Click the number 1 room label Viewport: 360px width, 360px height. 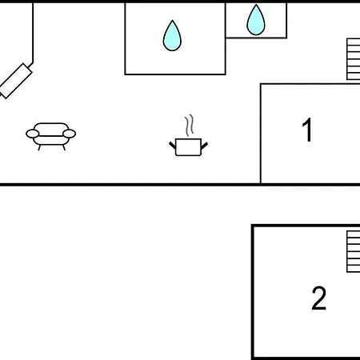click(x=307, y=130)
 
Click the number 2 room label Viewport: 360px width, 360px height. click(x=318, y=298)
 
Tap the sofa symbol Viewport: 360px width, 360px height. click(x=50, y=136)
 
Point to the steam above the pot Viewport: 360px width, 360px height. click(x=189, y=126)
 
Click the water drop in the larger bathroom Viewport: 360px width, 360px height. click(x=172, y=36)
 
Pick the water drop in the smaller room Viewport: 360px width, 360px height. click(x=256, y=20)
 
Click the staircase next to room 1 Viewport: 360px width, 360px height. click(x=354, y=59)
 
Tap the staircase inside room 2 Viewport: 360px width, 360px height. click(x=354, y=251)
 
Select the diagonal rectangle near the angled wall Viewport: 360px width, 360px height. click(x=15, y=81)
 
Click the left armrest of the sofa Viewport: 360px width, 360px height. click(x=33, y=134)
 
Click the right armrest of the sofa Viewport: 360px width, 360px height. click(x=69, y=134)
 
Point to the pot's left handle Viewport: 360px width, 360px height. click(x=173, y=146)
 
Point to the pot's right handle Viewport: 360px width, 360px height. click(x=204, y=146)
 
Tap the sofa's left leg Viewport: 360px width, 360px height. click(x=39, y=147)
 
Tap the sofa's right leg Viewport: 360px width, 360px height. click(x=64, y=147)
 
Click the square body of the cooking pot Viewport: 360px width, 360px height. click(x=188, y=147)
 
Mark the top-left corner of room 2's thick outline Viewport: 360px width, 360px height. click(x=253, y=226)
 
